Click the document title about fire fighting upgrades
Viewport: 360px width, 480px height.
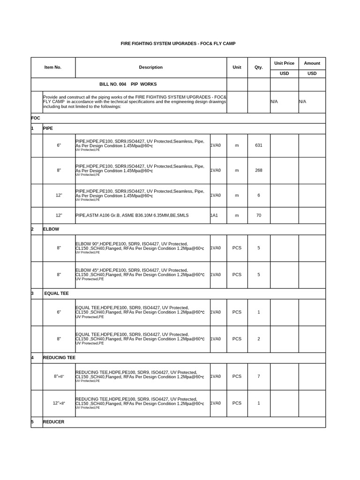click(178, 44)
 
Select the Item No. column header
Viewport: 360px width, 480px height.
click(53, 67)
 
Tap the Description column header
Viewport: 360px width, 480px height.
click(151, 67)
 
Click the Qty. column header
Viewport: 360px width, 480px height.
click(259, 67)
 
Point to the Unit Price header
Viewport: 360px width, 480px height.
click(285, 63)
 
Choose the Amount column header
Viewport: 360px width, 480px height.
click(312, 63)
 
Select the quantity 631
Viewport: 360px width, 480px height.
click(259, 145)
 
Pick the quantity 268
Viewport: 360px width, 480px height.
click(259, 170)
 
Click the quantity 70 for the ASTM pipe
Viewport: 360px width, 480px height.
click(259, 215)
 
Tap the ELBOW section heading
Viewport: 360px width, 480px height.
click(51, 229)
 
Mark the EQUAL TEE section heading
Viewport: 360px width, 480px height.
click(56, 293)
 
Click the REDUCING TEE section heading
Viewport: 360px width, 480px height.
click(59, 358)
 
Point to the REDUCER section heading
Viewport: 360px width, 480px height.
click(53, 422)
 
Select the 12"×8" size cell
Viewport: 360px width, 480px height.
click(59, 403)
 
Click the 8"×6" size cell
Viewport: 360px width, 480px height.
click(59, 376)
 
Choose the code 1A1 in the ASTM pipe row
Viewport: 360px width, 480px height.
click(215, 215)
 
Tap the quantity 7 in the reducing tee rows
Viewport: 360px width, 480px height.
click(259, 376)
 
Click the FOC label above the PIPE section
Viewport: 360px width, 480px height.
click(36, 118)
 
